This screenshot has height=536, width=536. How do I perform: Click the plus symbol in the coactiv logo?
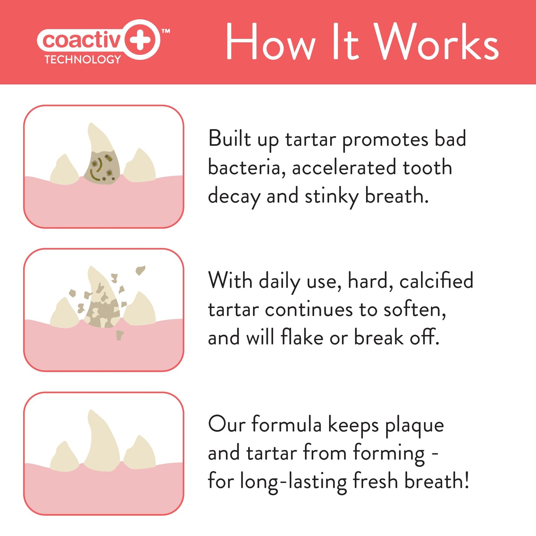coord(142,39)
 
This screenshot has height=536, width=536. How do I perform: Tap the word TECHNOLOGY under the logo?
coord(82,60)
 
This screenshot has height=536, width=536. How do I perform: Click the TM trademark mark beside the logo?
coord(166,32)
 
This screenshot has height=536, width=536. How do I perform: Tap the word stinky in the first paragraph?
coord(331,197)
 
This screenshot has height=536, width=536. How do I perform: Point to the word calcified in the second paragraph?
coord(436,281)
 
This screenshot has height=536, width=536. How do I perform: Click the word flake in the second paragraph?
coord(302,337)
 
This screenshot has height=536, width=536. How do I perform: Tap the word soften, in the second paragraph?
coord(414,310)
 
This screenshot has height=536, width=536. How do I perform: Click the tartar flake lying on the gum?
coord(119,335)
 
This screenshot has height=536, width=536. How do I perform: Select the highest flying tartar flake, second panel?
coord(140,270)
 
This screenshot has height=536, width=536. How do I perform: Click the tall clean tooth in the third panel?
coord(101,441)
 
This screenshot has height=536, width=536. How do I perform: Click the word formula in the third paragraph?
coord(286,425)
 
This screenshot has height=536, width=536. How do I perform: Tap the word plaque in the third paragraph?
coord(414,426)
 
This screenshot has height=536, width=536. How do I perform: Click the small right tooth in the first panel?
coord(140,167)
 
